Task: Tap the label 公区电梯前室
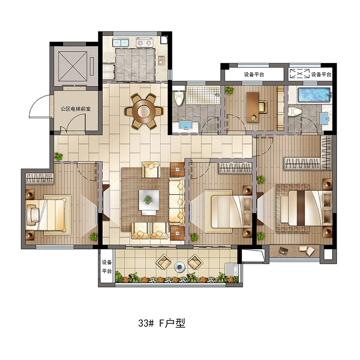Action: [x=76, y=108]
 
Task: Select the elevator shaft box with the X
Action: [x=73, y=66]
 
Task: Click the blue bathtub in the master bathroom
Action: [x=314, y=94]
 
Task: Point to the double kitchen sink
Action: [x=121, y=42]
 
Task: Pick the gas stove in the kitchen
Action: [x=144, y=42]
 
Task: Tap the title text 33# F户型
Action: [x=162, y=323]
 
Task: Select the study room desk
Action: [x=252, y=107]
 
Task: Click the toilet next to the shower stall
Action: [x=179, y=98]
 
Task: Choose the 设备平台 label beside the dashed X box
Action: [x=321, y=74]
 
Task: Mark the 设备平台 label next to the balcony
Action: [x=107, y=267]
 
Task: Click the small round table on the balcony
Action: [x=180, y=267]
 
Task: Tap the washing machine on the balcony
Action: [x=231, y=269]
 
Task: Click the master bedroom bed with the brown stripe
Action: [x=306, y=208]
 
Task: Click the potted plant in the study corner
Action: [x=229, y=90]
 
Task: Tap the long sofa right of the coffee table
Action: [x=177, y=200]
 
